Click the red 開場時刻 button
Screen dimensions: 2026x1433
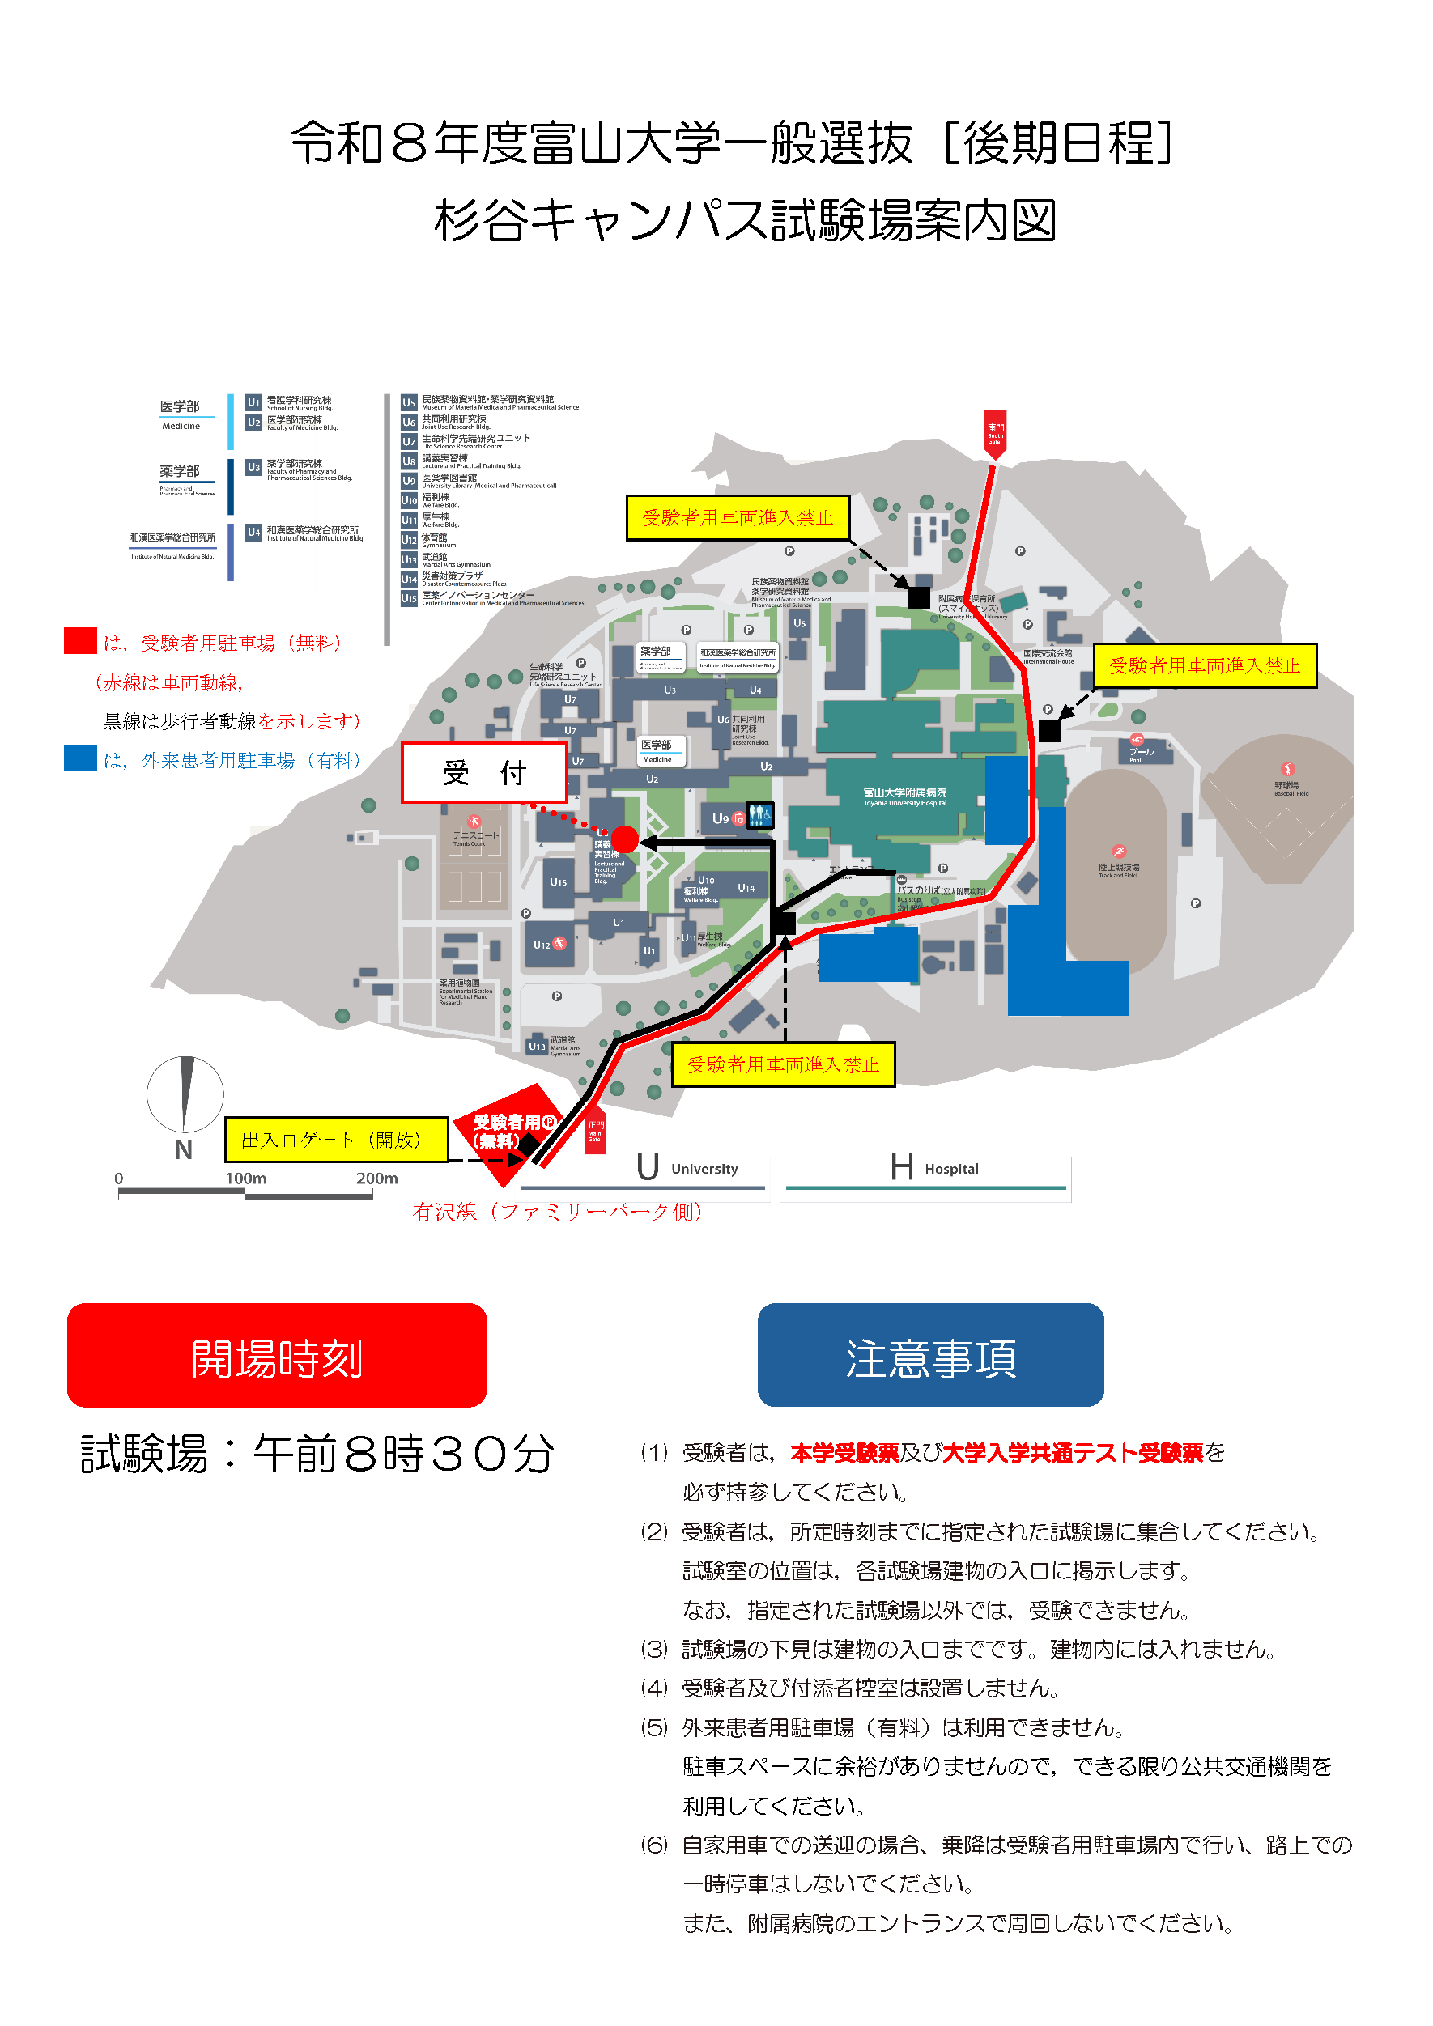[x=276, y=1355]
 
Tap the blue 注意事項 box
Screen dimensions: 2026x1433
[x=930, y=1355]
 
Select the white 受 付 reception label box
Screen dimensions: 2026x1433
[x=483, y=772]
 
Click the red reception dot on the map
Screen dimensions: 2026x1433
[x=625, y=839]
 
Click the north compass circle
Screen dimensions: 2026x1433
[x=185, y=1094]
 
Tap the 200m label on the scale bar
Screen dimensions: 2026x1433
[x=376, y=1178]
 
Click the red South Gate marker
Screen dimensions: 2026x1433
[x=995, y=432]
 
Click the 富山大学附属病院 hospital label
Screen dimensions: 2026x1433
[x=904, y=796]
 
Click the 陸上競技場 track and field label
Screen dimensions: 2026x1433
[x=1118, y=869]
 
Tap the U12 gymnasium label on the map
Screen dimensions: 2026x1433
[x=542, y=945]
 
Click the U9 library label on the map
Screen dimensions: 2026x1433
[x=721, y=818]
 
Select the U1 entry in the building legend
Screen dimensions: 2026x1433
[x=254, y=402]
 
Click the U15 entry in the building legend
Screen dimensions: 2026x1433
[x=409, y=598]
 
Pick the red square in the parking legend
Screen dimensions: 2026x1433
[x=80, y=640]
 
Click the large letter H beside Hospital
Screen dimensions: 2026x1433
[x=902, y=1166]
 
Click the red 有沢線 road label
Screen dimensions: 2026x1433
[x=558, y=1212]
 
